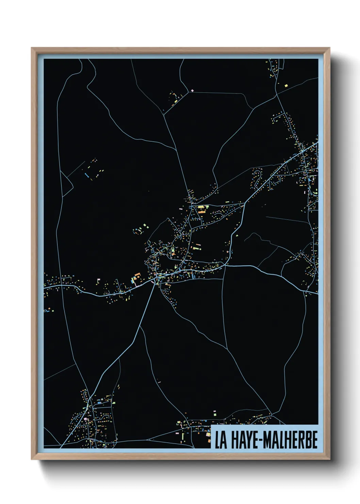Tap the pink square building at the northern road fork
(193, 90)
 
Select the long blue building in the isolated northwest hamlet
(87, 175)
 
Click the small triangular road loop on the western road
(67, 180)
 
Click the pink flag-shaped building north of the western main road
(98, 280)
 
